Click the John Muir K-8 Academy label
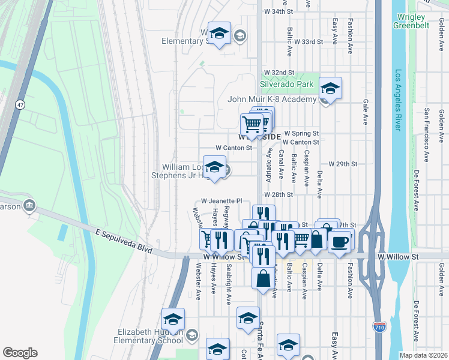tap(271, 99)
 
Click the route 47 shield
tap(20, 104)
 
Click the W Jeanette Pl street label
tap(221, 201)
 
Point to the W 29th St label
tap(343, 164)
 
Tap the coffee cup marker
tap(340, 242)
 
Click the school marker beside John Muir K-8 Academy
tap(329, 89)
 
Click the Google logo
tap(20, 353)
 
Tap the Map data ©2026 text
tap(423, 355)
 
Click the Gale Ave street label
tap(365, 108)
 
